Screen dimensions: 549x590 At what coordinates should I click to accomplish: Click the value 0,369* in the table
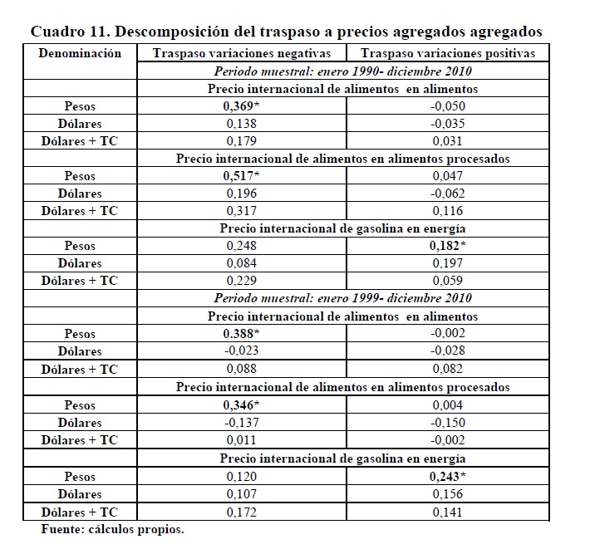(x=242, y=106)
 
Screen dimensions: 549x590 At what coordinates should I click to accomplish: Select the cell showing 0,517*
(x=242, y=176)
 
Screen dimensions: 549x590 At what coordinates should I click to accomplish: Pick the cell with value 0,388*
(x=242, y=334)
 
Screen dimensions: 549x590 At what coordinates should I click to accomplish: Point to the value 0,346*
(x=242, y=404)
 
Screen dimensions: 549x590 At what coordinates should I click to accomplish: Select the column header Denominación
(x=80, y=53)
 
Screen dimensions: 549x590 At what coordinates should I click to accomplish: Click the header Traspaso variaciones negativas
(x=242, y=53)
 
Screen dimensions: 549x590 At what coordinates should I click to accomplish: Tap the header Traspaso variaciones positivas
(x=450, y=53)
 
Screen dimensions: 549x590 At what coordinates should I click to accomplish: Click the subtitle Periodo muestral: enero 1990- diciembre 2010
(x=342, y=71)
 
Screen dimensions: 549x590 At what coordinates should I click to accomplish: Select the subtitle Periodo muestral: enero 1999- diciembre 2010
(x=342, y=298)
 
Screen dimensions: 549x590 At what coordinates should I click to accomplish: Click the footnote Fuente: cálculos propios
(x=112, y=529)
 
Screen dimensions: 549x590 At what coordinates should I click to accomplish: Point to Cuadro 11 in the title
(x=65, y=32)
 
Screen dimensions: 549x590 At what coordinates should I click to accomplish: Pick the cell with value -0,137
(x=242, y=422)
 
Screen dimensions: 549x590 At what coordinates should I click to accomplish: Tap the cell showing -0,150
(x=450, y=422)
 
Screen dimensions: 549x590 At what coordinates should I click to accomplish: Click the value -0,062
(x=450, y=194)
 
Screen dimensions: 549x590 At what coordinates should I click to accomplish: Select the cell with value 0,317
(x=242, y=211)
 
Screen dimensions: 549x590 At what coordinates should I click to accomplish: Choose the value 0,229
(x=242, y=281)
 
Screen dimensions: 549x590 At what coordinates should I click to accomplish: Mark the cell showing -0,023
(x=242, y=351)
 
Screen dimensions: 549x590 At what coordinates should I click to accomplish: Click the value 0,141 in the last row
(x=450, y=512)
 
